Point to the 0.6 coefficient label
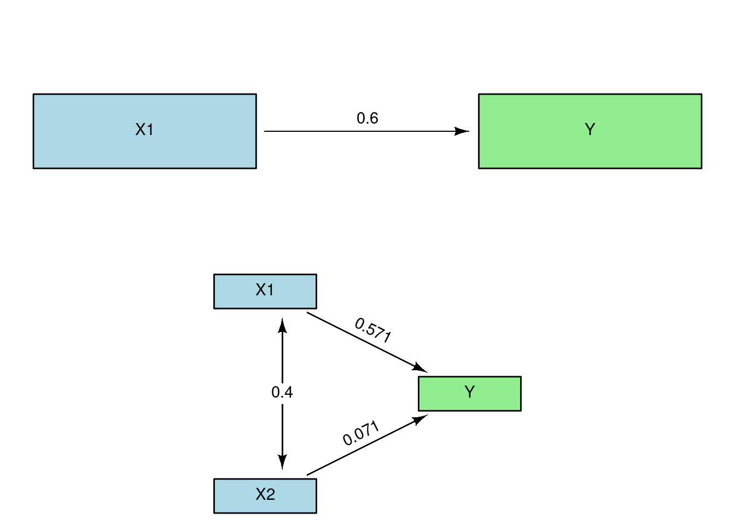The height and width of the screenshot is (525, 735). pos(367,118)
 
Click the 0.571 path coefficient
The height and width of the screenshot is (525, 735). pos(373,330)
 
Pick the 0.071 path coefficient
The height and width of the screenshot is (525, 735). pos(361,433)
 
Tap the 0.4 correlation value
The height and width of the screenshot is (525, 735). pos(282,392)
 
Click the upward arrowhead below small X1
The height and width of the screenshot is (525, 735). pos(282,326)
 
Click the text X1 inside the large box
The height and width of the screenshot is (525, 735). pos(144,130)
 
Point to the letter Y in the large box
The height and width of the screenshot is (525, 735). pos(590,130)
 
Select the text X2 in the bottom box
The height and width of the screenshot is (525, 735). pos(265,494)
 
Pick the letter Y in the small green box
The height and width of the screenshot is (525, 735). pos(469,392)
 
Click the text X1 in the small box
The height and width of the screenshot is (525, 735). pos(265,290)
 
